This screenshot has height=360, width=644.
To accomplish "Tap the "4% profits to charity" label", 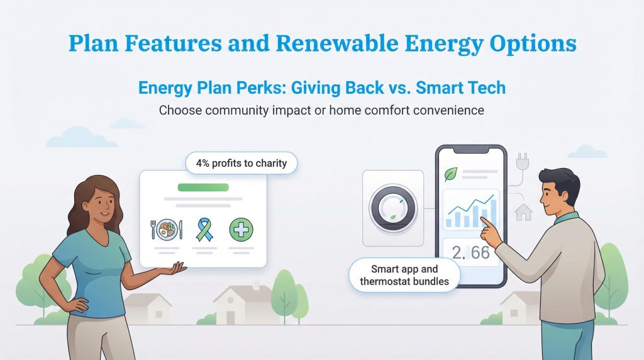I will click(x=241, y=164).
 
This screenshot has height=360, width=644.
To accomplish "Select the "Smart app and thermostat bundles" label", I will click(x=404, y=274).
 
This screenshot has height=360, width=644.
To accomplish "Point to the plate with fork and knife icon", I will click(x=167, y=229).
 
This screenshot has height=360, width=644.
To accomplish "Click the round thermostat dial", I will click(x=393, y=208).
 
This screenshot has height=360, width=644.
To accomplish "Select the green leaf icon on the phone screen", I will click(x=450, y=174).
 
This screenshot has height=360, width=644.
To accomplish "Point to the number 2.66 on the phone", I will click(x=470, y=252).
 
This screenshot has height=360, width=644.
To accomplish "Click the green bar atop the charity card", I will click(x=203, y=187).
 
